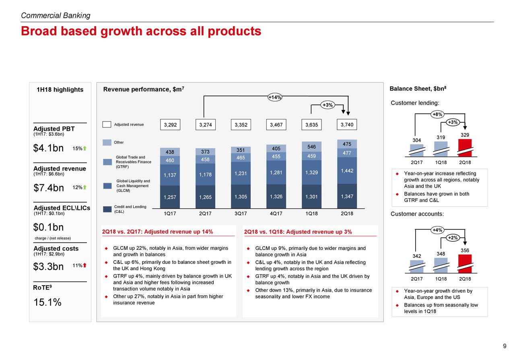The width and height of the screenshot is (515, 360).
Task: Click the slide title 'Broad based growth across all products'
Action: (x=141, y=31)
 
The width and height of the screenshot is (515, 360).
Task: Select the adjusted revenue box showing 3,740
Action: (x=346, y=125)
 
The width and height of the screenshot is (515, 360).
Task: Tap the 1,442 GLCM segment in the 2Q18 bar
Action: (x=346, y=171)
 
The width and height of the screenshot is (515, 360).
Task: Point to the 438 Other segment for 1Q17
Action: (x=170, y=152)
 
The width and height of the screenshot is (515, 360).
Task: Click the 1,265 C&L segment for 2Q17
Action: (x=205, y=197)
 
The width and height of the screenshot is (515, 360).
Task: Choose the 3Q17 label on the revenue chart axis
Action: (x=241, y=214)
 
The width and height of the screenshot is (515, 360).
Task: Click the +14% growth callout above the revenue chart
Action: (x=274, y=97)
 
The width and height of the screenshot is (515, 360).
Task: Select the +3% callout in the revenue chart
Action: (x=328, y=105)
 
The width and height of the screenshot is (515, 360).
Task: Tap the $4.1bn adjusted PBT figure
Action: (x=48, y=148)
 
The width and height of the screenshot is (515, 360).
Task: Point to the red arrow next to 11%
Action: (x=85, y=265)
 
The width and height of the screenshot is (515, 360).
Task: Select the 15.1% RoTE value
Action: (x=47, y=302)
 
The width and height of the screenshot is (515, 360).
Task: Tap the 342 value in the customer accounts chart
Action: (x=417, y=256)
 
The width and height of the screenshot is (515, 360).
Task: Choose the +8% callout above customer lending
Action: (x=437, y=114)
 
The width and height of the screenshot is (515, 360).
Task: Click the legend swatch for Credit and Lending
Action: (x=107, y=209)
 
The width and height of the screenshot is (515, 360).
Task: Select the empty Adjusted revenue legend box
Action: (x=107, y=125)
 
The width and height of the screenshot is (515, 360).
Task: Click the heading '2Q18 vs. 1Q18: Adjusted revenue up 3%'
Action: (x=298, y=231)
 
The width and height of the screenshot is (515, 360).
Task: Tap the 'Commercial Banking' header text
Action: (x=56, y=16)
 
